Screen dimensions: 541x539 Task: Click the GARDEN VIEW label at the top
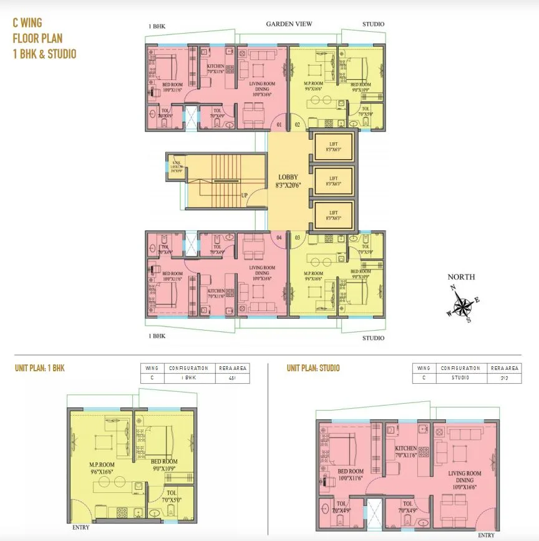[289, 24]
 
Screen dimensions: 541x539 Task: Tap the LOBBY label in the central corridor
[289, 177]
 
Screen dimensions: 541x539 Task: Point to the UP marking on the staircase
[245, 195]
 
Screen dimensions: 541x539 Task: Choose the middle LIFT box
[334, 181]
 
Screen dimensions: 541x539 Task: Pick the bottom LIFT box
[334, 215]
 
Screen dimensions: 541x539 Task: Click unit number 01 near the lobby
[280, 125]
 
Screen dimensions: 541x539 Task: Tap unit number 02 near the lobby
[297, 125]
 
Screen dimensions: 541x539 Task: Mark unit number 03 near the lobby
[297, 238]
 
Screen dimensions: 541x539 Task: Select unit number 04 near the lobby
[280, 238]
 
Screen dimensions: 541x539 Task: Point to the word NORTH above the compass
[461, 277]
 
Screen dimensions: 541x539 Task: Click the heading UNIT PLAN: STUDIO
[313, 368]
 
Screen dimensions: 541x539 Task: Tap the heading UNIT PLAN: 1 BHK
[40, 368]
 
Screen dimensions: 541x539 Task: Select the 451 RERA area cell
[233, 378]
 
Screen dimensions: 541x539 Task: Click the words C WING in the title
[29, 23]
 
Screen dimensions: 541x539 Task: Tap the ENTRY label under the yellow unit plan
[80, 527]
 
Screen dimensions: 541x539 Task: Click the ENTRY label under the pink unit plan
[486, 535]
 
